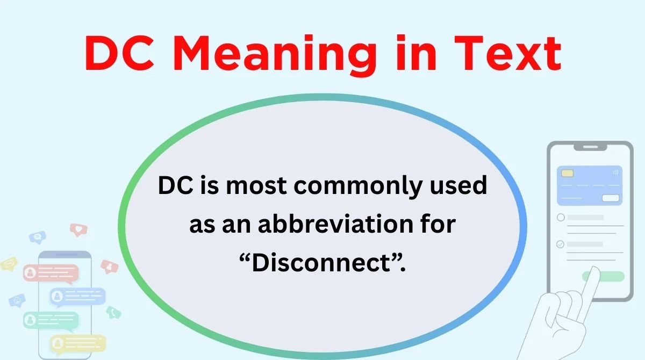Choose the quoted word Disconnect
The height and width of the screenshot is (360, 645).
pos(322,263)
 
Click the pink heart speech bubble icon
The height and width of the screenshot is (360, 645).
pos(78,230)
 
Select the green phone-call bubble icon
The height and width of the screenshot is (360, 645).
pos(113,312)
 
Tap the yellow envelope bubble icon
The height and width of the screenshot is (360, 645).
pos(9,264)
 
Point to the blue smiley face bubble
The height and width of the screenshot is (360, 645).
pos(18,299)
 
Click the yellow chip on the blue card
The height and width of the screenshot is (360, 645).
pos(567,174)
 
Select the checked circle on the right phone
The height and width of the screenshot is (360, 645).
pos(561,244)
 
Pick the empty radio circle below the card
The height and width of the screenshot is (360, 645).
pos(561,218)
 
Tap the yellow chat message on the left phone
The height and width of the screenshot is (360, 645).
pos(77,342)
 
